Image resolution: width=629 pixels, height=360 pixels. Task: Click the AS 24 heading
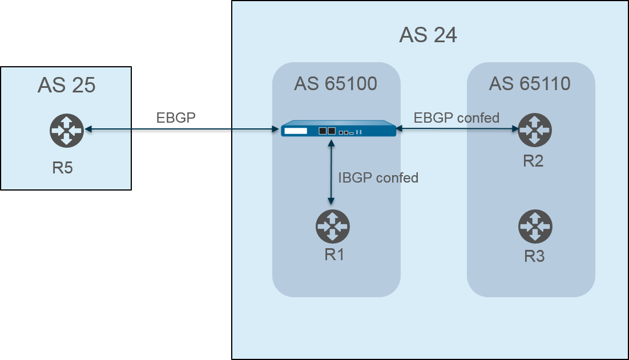tap(428, 35)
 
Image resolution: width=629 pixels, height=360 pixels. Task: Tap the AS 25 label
tap(66, 86)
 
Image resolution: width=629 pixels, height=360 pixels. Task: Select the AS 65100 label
tap(336, 84)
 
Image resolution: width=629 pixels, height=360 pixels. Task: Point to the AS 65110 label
tap(530, 84)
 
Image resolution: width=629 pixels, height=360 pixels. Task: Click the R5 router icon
tap(66, 130)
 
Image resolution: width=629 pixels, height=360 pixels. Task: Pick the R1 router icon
tap(332, 226)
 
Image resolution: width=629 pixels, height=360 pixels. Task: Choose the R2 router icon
tap(534, 130)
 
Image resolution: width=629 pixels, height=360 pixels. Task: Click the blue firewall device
tap(338, 128)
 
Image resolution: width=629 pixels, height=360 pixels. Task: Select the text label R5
tap(63, 168)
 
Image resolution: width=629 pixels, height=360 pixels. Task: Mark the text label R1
tap(334, 254)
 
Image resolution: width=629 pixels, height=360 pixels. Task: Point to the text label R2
tap(533, 161)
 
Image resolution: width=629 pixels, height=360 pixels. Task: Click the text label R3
tap(534, 257)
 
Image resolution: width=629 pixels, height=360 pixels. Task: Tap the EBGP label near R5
tap(176, 118)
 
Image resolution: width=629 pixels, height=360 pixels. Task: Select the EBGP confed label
tap(457, 118)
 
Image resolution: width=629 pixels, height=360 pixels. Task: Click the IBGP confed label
tap(378, 177)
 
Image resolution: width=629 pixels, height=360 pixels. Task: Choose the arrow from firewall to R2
tap(457, 129)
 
